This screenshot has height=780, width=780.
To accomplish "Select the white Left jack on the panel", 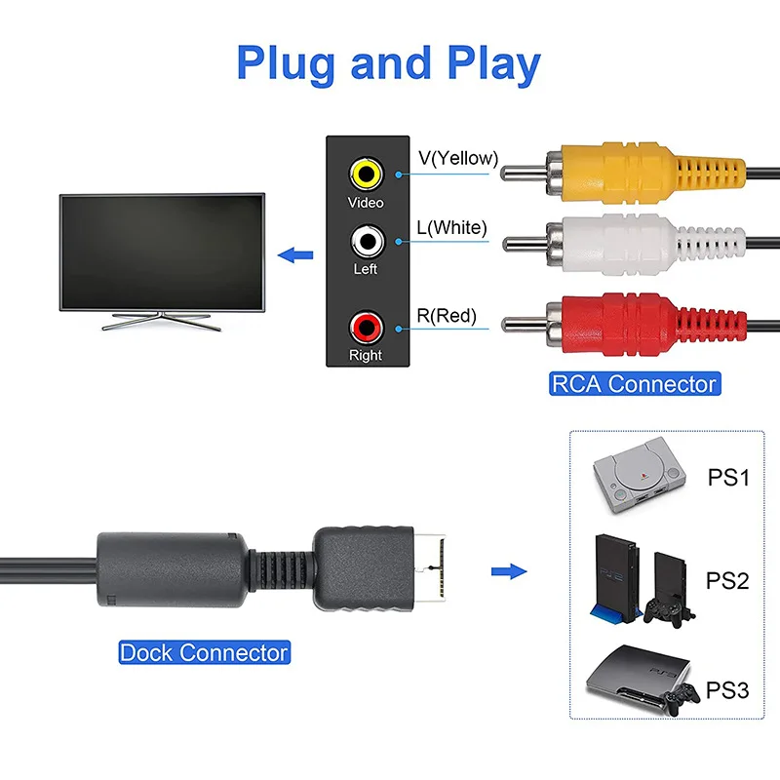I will (x=366, y=240).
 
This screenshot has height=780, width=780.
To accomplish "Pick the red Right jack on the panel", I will (x=366, y=325).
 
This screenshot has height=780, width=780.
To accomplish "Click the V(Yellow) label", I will (x=458, y=158).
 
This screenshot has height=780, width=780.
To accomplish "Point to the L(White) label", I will (x=451, y=228).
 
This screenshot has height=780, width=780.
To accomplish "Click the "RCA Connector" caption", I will (x=634, y=383).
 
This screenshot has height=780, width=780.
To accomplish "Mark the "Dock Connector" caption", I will (x=204, y=652).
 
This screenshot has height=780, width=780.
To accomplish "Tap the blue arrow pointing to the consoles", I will (x=507, y=572).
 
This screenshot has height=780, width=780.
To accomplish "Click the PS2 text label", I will (x=727, y=582).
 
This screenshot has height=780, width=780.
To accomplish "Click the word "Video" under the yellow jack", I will (x=366, y=203).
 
